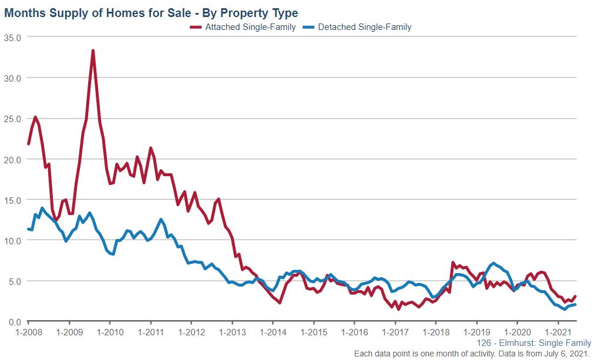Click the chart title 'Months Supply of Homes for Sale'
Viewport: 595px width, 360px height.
click(x=151, y=13)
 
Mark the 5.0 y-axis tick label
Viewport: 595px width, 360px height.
click(x=14, y=281)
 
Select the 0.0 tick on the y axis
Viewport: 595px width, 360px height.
click(x=14, y=321)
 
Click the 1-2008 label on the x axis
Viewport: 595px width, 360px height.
click(x=28, y=332)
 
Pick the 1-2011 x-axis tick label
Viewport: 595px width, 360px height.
click(x=151, y=332)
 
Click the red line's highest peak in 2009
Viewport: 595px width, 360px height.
click(x=93, y=51)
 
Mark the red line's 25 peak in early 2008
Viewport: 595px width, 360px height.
click(x=35, y=117)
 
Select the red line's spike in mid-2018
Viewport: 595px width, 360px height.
click(x=453, y=263)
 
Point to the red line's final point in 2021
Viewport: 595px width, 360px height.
click(x=575, y=296)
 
